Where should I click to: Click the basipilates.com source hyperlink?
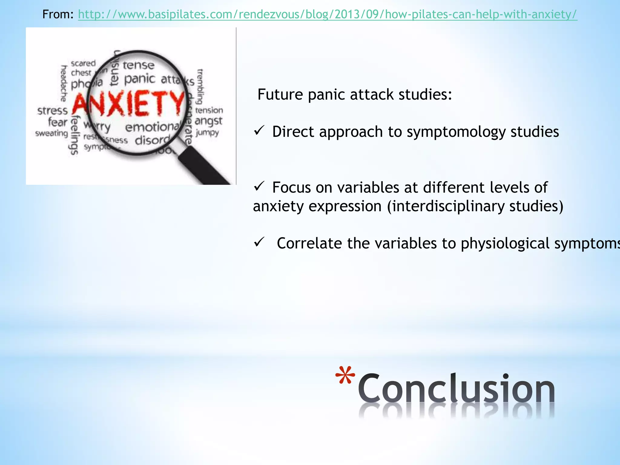coord(327,15)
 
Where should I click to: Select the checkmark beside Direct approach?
coord(259,131)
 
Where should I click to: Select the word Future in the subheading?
coord(280,94)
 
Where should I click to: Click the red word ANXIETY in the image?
coord(129,104)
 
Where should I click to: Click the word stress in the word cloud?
coord(52,111)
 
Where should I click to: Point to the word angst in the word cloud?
coord(208,121)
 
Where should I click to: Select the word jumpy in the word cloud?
coord(207,133)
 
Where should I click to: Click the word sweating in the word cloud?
coord(51,133)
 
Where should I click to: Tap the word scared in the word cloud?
coord(83,64)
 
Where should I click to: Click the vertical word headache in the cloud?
coord(64,83)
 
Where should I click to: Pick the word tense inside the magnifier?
coord(138,65)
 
